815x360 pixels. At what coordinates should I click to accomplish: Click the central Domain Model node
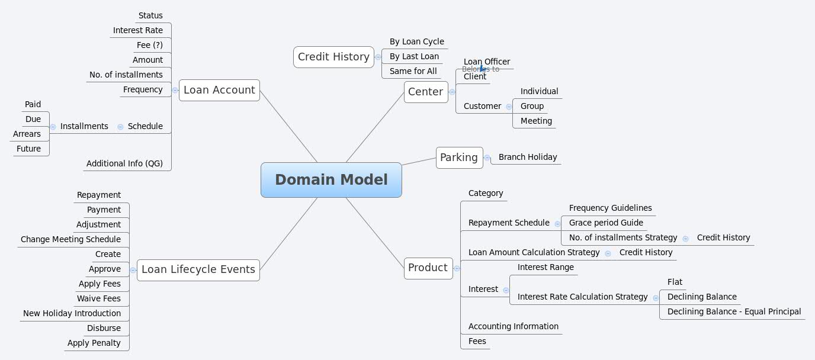(331, 180)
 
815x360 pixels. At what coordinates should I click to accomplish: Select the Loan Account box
(219, 90)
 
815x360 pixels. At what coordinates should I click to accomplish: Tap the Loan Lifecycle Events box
(198, 269)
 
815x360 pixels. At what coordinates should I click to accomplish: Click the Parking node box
(459, 157)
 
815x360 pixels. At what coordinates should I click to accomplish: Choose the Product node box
(428, 268)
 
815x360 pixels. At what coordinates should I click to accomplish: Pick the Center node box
(425, 92)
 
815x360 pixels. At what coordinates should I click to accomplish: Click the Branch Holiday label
(527, 157)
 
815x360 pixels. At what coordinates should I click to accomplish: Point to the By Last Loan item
(414, 56)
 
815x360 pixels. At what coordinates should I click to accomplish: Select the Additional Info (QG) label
(124, 163)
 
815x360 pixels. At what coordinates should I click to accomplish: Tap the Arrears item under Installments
(27, 134)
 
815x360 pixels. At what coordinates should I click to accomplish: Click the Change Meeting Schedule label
(70, 239)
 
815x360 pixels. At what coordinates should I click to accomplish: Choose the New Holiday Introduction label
(72, 313)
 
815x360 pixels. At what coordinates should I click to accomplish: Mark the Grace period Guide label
(605, 223)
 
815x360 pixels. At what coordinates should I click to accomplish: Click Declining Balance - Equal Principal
(734, 311)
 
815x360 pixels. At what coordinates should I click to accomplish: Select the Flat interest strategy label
(675, 282)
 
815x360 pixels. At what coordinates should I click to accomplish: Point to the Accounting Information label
(513, 326)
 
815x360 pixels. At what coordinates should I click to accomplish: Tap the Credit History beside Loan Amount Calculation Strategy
(646, 252)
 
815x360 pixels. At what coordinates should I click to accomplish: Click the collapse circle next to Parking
(487, 158)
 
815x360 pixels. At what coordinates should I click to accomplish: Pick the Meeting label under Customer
(536, 121)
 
